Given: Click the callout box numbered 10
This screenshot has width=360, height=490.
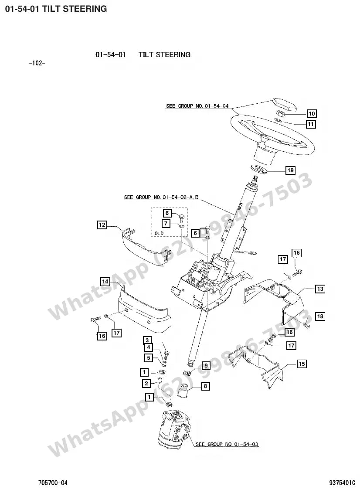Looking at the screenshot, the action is [x=312, y=113].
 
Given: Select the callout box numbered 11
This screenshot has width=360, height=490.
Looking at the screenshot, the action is [x=311, y=124].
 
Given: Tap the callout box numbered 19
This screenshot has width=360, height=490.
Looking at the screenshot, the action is [x=291, y=170].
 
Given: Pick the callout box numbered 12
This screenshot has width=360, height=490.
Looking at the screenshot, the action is [x=102, y=225].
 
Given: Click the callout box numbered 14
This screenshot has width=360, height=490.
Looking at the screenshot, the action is [x=105, y=282].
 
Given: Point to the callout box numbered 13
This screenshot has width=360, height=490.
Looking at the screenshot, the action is [x=320, y=289].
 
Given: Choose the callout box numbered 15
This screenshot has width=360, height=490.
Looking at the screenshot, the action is [x=302, y=364].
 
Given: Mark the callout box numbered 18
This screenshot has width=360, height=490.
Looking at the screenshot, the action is [x=320, y=316].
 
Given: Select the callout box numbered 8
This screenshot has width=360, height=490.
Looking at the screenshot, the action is [x=205, y=386].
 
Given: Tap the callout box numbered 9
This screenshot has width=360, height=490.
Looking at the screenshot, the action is [x=206, y=366].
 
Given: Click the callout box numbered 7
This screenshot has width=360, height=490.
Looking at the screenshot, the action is [x=166, y=224].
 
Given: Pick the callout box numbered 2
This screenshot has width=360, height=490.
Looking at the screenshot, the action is [x=146, y=383].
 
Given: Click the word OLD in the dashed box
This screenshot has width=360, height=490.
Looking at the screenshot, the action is [x=159, y=233].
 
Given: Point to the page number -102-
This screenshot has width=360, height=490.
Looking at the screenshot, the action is [x=37, y=63].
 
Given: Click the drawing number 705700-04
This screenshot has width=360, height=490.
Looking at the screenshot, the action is [x=53, y=483].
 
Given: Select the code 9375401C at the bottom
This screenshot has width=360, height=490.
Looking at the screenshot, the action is [x=342, y=483].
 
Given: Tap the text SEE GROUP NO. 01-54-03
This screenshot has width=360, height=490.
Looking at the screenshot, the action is [x=227, y=444].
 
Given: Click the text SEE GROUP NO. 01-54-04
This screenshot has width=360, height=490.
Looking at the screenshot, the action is [x=197, y=106].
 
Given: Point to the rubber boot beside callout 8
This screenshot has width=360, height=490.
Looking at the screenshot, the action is [x=183, y=391].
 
